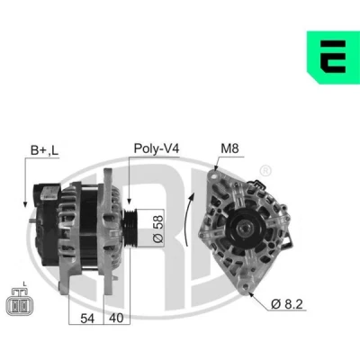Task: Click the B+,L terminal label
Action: tap(44, 150)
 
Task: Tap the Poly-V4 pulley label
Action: tap(157, 148)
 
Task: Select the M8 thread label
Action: tap(229, 148)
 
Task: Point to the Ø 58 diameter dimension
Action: tap(158, 229)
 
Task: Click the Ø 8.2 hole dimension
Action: tap(286, 304)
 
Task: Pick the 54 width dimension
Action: tap(87, 319)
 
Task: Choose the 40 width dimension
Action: tap(116, 318)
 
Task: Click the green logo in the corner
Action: tap(333, 57)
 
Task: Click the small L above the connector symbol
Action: tap(24, 283)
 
